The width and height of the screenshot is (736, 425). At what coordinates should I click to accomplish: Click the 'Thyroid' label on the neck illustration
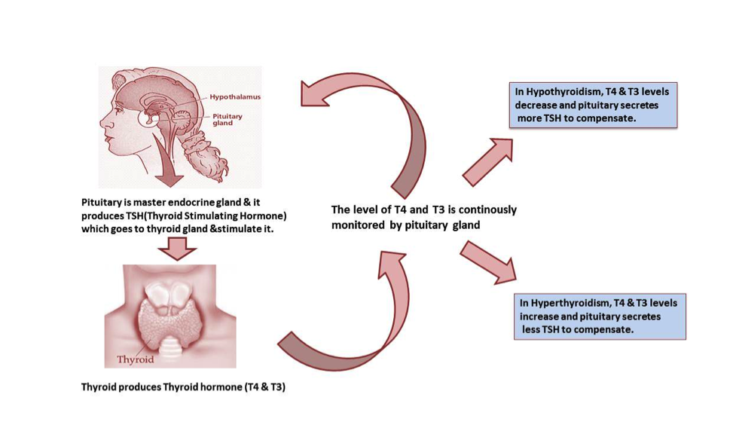(136, 359)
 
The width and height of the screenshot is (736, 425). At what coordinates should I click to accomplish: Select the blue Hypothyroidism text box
(594, 105)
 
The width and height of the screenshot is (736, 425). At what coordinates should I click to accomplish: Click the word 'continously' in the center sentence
(483, 210)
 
